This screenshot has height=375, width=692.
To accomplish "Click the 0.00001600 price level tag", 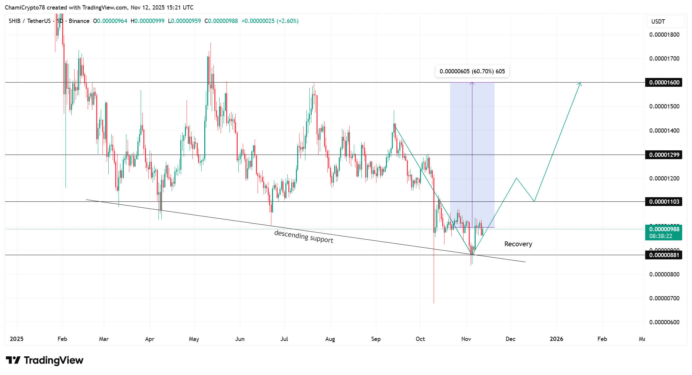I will click(664, 83).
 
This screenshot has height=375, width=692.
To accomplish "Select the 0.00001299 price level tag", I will click(664, 155).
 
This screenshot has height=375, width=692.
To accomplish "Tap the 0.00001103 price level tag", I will click(664, 202).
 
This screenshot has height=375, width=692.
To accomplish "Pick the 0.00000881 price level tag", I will click(664, 255).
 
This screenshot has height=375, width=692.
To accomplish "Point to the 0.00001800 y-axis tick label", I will click(664, 35).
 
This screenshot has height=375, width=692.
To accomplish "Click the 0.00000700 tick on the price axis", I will click(664, 298).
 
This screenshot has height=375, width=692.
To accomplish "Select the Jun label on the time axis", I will click(240, 339).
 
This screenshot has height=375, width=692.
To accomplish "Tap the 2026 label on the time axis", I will click(556, 339).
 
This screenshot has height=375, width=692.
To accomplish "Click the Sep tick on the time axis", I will click(376, 339).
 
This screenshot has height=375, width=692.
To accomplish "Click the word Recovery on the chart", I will click(518, 244).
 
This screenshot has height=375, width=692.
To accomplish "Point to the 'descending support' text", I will click(303, 236).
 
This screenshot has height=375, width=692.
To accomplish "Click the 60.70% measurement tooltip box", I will click(472, 71).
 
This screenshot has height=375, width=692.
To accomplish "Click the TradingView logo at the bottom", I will click(45, 360).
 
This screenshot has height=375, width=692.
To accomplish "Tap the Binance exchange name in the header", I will click(79, 21).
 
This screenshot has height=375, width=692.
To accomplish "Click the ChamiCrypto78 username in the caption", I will click(25, 8).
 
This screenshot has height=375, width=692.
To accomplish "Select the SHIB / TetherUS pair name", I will click(30, 21).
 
